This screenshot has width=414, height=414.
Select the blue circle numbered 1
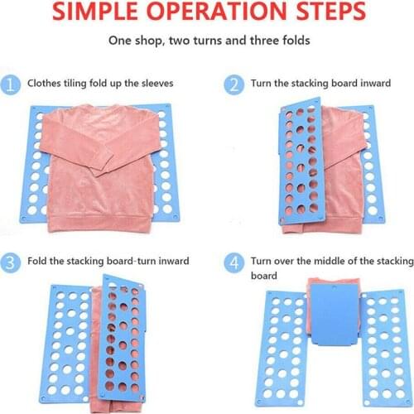coord(12,84)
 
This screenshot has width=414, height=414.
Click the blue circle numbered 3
coord(12,262)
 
